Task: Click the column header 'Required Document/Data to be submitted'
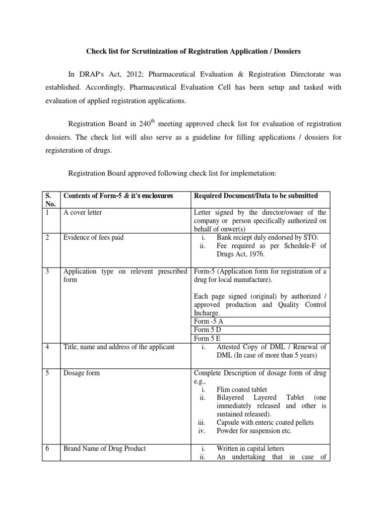pyautogui.click(x=255, y=196)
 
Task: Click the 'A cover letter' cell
pyautogui.click(x=83, y=213)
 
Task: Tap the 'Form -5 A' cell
pyautogui.click(x=209, y=321)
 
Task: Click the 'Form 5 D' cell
pyautogui.click(x=209, y=330)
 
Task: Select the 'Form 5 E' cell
pyautogui.click(x=208, y=339)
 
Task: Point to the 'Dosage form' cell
pyautogui.click(x=82, y=373)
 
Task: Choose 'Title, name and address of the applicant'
pyautogui.click(x=119, y=347)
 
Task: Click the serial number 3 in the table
pyautogui.click(x=46, y=271)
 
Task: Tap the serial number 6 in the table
pyautogui.click(x=46, y=448)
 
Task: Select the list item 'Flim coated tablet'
pyautogui.click(x=242, y=390)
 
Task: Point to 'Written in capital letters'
pyautogui.click(x=250, y=448)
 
